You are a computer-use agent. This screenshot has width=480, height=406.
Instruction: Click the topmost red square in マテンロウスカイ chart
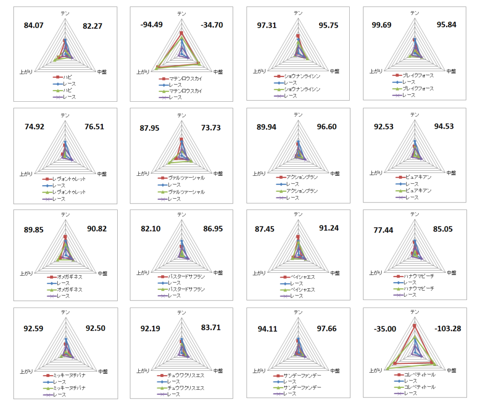[181, 33]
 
